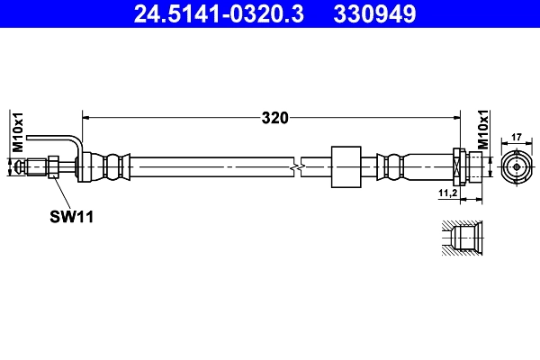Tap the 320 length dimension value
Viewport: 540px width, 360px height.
click(x=274, y=117)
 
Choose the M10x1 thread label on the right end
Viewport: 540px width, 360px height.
click(x=482, y=130)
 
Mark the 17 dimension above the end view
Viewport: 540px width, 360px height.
click(x=517, y=137)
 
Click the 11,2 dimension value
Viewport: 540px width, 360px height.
click(x=447, y=193)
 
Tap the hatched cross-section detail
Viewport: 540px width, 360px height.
click(x=464, y=238)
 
